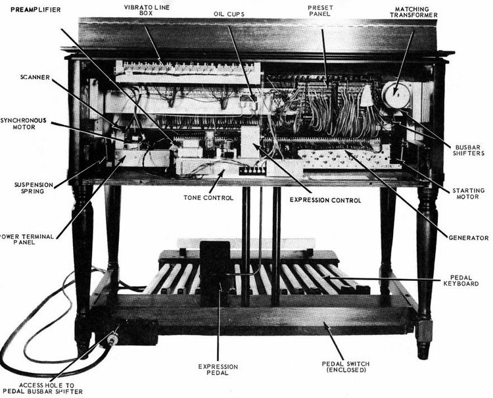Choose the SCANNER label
pos(35,76)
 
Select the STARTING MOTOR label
pos(468,195)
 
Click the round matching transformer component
pos(397,96)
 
